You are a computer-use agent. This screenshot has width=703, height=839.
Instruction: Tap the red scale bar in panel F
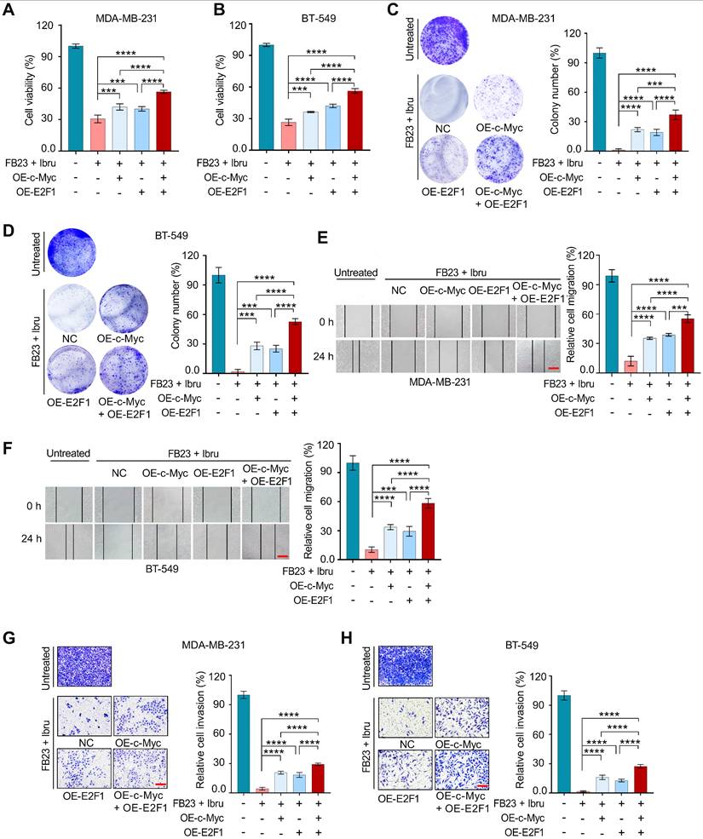click(284, 558)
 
